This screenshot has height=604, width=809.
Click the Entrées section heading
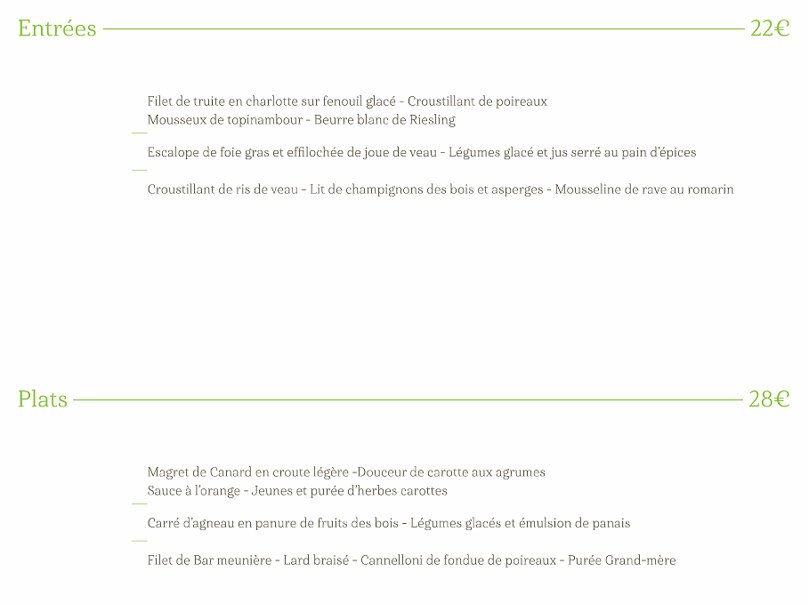point(57,28)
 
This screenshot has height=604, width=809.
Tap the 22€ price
point(770,28)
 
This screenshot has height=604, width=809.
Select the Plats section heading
point(43,399)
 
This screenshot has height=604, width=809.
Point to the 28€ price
point(769,399)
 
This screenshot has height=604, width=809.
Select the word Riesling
point(433,120)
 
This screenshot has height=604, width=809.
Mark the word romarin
point(710,189)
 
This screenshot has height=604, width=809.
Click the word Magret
point(168,472)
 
